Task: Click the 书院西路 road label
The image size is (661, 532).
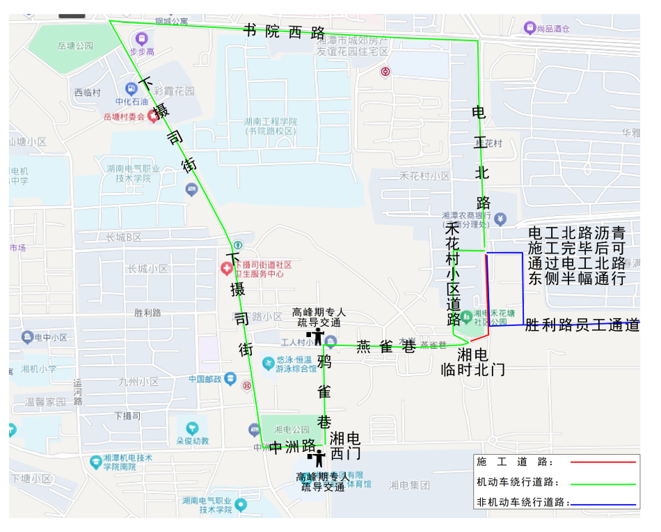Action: [285, 31]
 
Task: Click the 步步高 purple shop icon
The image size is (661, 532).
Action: [142, 38]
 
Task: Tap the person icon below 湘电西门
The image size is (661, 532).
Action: [319, 458]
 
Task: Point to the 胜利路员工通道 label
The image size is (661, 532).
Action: [582, 324]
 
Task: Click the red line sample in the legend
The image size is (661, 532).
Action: [603, 462]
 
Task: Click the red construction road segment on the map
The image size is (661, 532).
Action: [486, 292]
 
